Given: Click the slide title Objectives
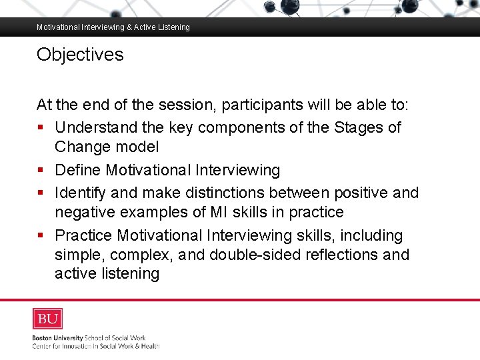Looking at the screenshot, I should coord(80,55).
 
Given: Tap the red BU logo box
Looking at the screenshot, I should coord(48,319).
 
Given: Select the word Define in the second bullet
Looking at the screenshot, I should coord(78,170).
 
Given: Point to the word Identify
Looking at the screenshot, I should coord(81,193).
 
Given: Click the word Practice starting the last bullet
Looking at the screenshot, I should coord(83,235).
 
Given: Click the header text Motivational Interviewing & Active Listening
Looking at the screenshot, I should coord(113,27).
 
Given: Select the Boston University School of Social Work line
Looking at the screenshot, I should coord(89,338).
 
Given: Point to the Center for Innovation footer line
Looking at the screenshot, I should coord(96,346).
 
